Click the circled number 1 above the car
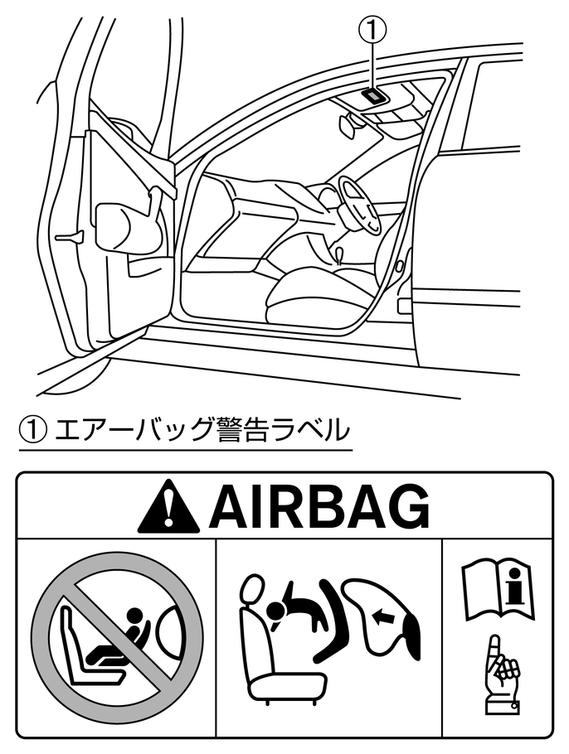pyautogui.click(x=372, y=30)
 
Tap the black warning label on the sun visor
pyautogui.click(x=375, y=95)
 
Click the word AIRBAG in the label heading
pyautogui.click(x=319, y=506)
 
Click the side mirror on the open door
pyautogui.click(x=124, y=224)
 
